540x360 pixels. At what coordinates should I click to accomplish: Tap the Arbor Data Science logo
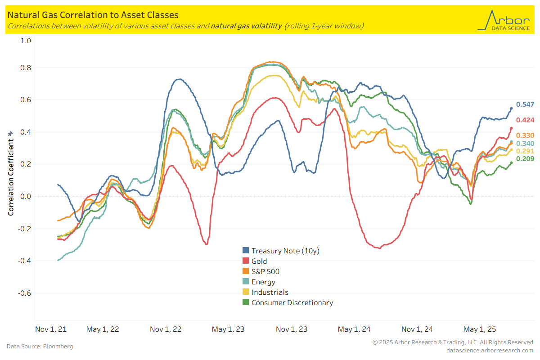[x=505, y=20]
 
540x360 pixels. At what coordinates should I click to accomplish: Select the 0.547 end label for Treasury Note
[x=525, y=104]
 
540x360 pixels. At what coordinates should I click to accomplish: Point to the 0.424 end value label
[x=525, y=120]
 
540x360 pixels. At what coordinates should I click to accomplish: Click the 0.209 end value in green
[x=525, y=159]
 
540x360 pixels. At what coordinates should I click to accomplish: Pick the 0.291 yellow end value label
[x=525, y=151]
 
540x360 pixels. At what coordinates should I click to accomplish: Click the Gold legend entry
[x=259, y=261]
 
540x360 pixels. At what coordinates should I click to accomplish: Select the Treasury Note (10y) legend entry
[x=285, y=251]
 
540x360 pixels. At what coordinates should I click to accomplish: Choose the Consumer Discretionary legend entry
[x=292, y=302]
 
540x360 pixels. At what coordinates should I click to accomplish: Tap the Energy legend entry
[x=263, y=282]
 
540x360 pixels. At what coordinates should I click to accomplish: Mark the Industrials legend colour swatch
[x=246, y=292]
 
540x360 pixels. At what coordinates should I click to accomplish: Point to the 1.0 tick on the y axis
[x=26, y=40]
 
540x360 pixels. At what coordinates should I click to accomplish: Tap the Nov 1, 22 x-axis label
[x=166, y=329]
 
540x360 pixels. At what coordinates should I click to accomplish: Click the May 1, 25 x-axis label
[x=480, y=329]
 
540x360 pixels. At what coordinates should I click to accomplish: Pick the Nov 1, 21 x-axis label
[x=51, y=329]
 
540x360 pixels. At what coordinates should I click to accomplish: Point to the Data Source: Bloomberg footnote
[x=40, y=346]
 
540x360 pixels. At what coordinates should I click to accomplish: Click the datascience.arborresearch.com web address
[x=490, y=350]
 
